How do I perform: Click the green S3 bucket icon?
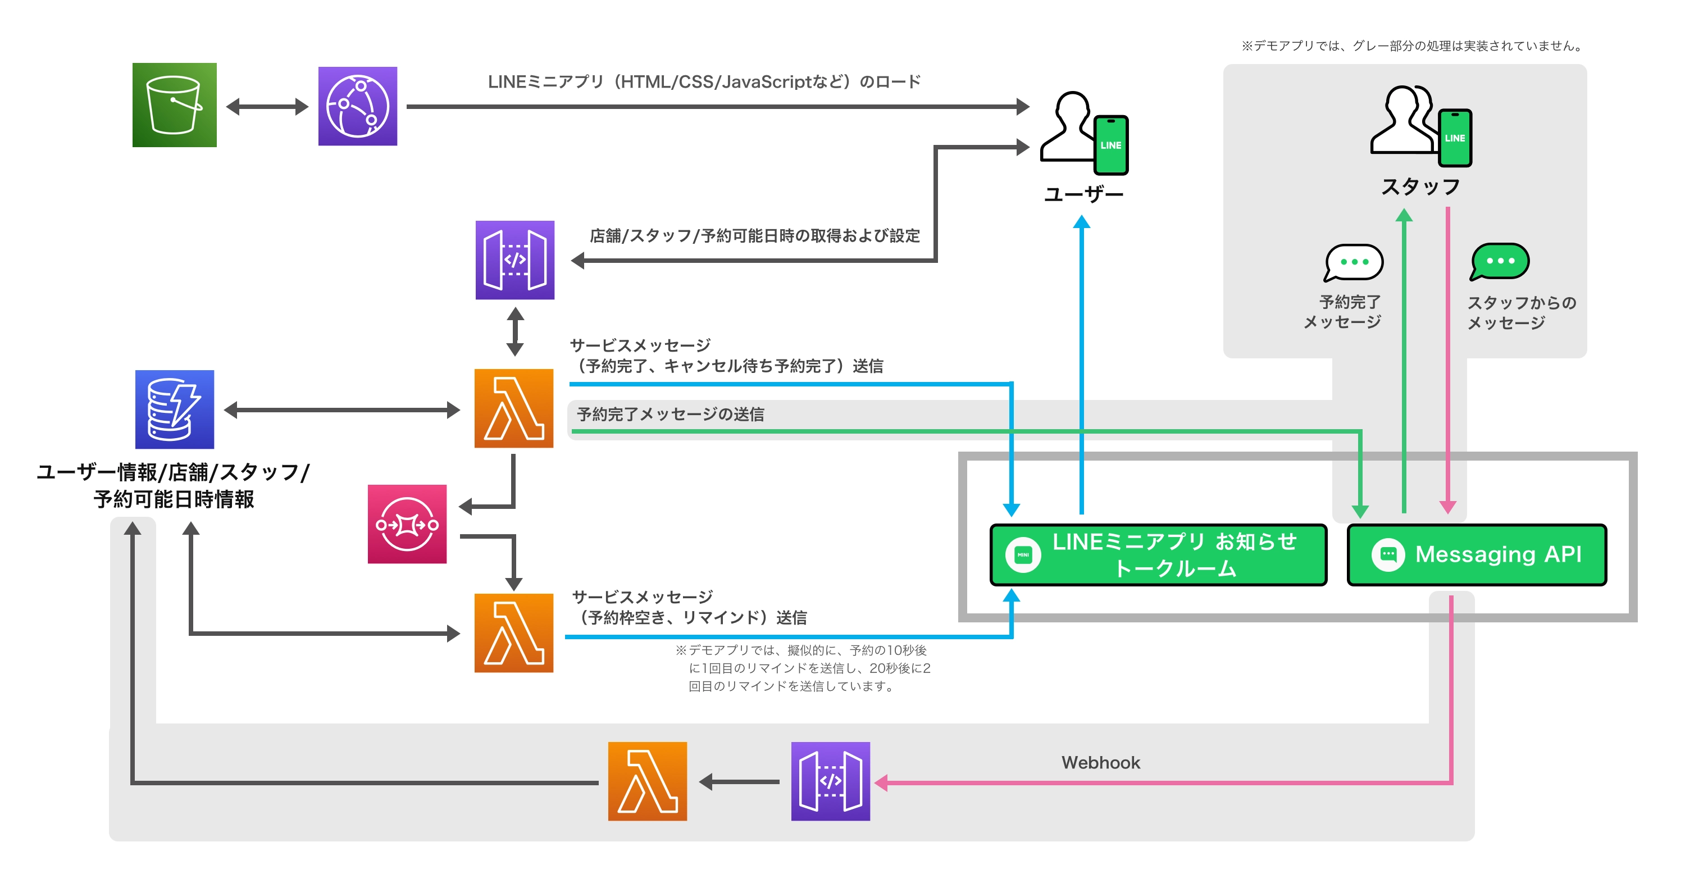click(x=174, y=105)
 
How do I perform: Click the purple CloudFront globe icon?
click(x=357, y=106)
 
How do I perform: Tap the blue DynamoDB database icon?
click(x=174, y=409)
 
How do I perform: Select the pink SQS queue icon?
click(x=407, y=524)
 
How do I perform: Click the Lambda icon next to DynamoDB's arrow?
click(x=513, y=409)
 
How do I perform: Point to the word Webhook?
click(x=1100, y=763)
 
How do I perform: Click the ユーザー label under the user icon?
click(x=1083, y=194)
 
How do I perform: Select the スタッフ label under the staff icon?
click(x=1420, y=187)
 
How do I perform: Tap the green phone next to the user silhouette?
click(x=1110, y=145)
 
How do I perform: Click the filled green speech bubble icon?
click(x=1499, y=261)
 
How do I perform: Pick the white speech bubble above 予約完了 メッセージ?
click(x=1354, y=262)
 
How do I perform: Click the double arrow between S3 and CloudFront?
click(x=267, y=107)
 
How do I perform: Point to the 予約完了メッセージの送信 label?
click(x=670, y=414)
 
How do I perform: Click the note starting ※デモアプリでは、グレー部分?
click(x=1413, y=46)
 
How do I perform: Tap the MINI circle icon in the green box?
click(x=1023, y=554)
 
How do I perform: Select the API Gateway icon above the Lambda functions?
click(x=515, y=260)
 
